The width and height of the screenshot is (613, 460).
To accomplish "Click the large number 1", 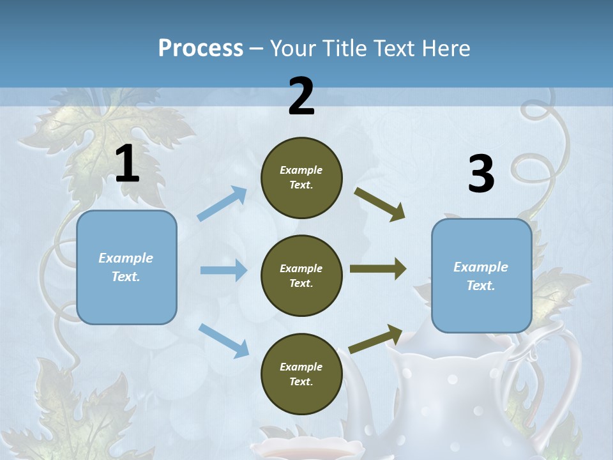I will [x=127, y=164].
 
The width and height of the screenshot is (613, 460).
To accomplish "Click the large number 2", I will [x=301, y=96].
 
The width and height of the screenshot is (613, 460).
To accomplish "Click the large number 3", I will [x=481, y=174].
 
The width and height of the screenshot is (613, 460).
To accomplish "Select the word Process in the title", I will [x=201, y=48].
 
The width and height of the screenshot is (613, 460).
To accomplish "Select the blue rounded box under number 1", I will [x=126, y=267].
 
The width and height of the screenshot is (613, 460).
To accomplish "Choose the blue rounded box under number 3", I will [x=481, y=276].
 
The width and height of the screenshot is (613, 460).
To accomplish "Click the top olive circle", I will [x=301, y=178].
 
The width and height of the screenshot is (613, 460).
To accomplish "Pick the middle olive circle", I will [x=301, y=275].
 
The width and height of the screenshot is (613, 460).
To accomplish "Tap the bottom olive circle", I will [x=301, y=374].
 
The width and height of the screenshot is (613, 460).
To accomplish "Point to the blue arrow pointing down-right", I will [x=223, y=340].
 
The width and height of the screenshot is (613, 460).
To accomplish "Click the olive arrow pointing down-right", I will [x=380, y=204].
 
